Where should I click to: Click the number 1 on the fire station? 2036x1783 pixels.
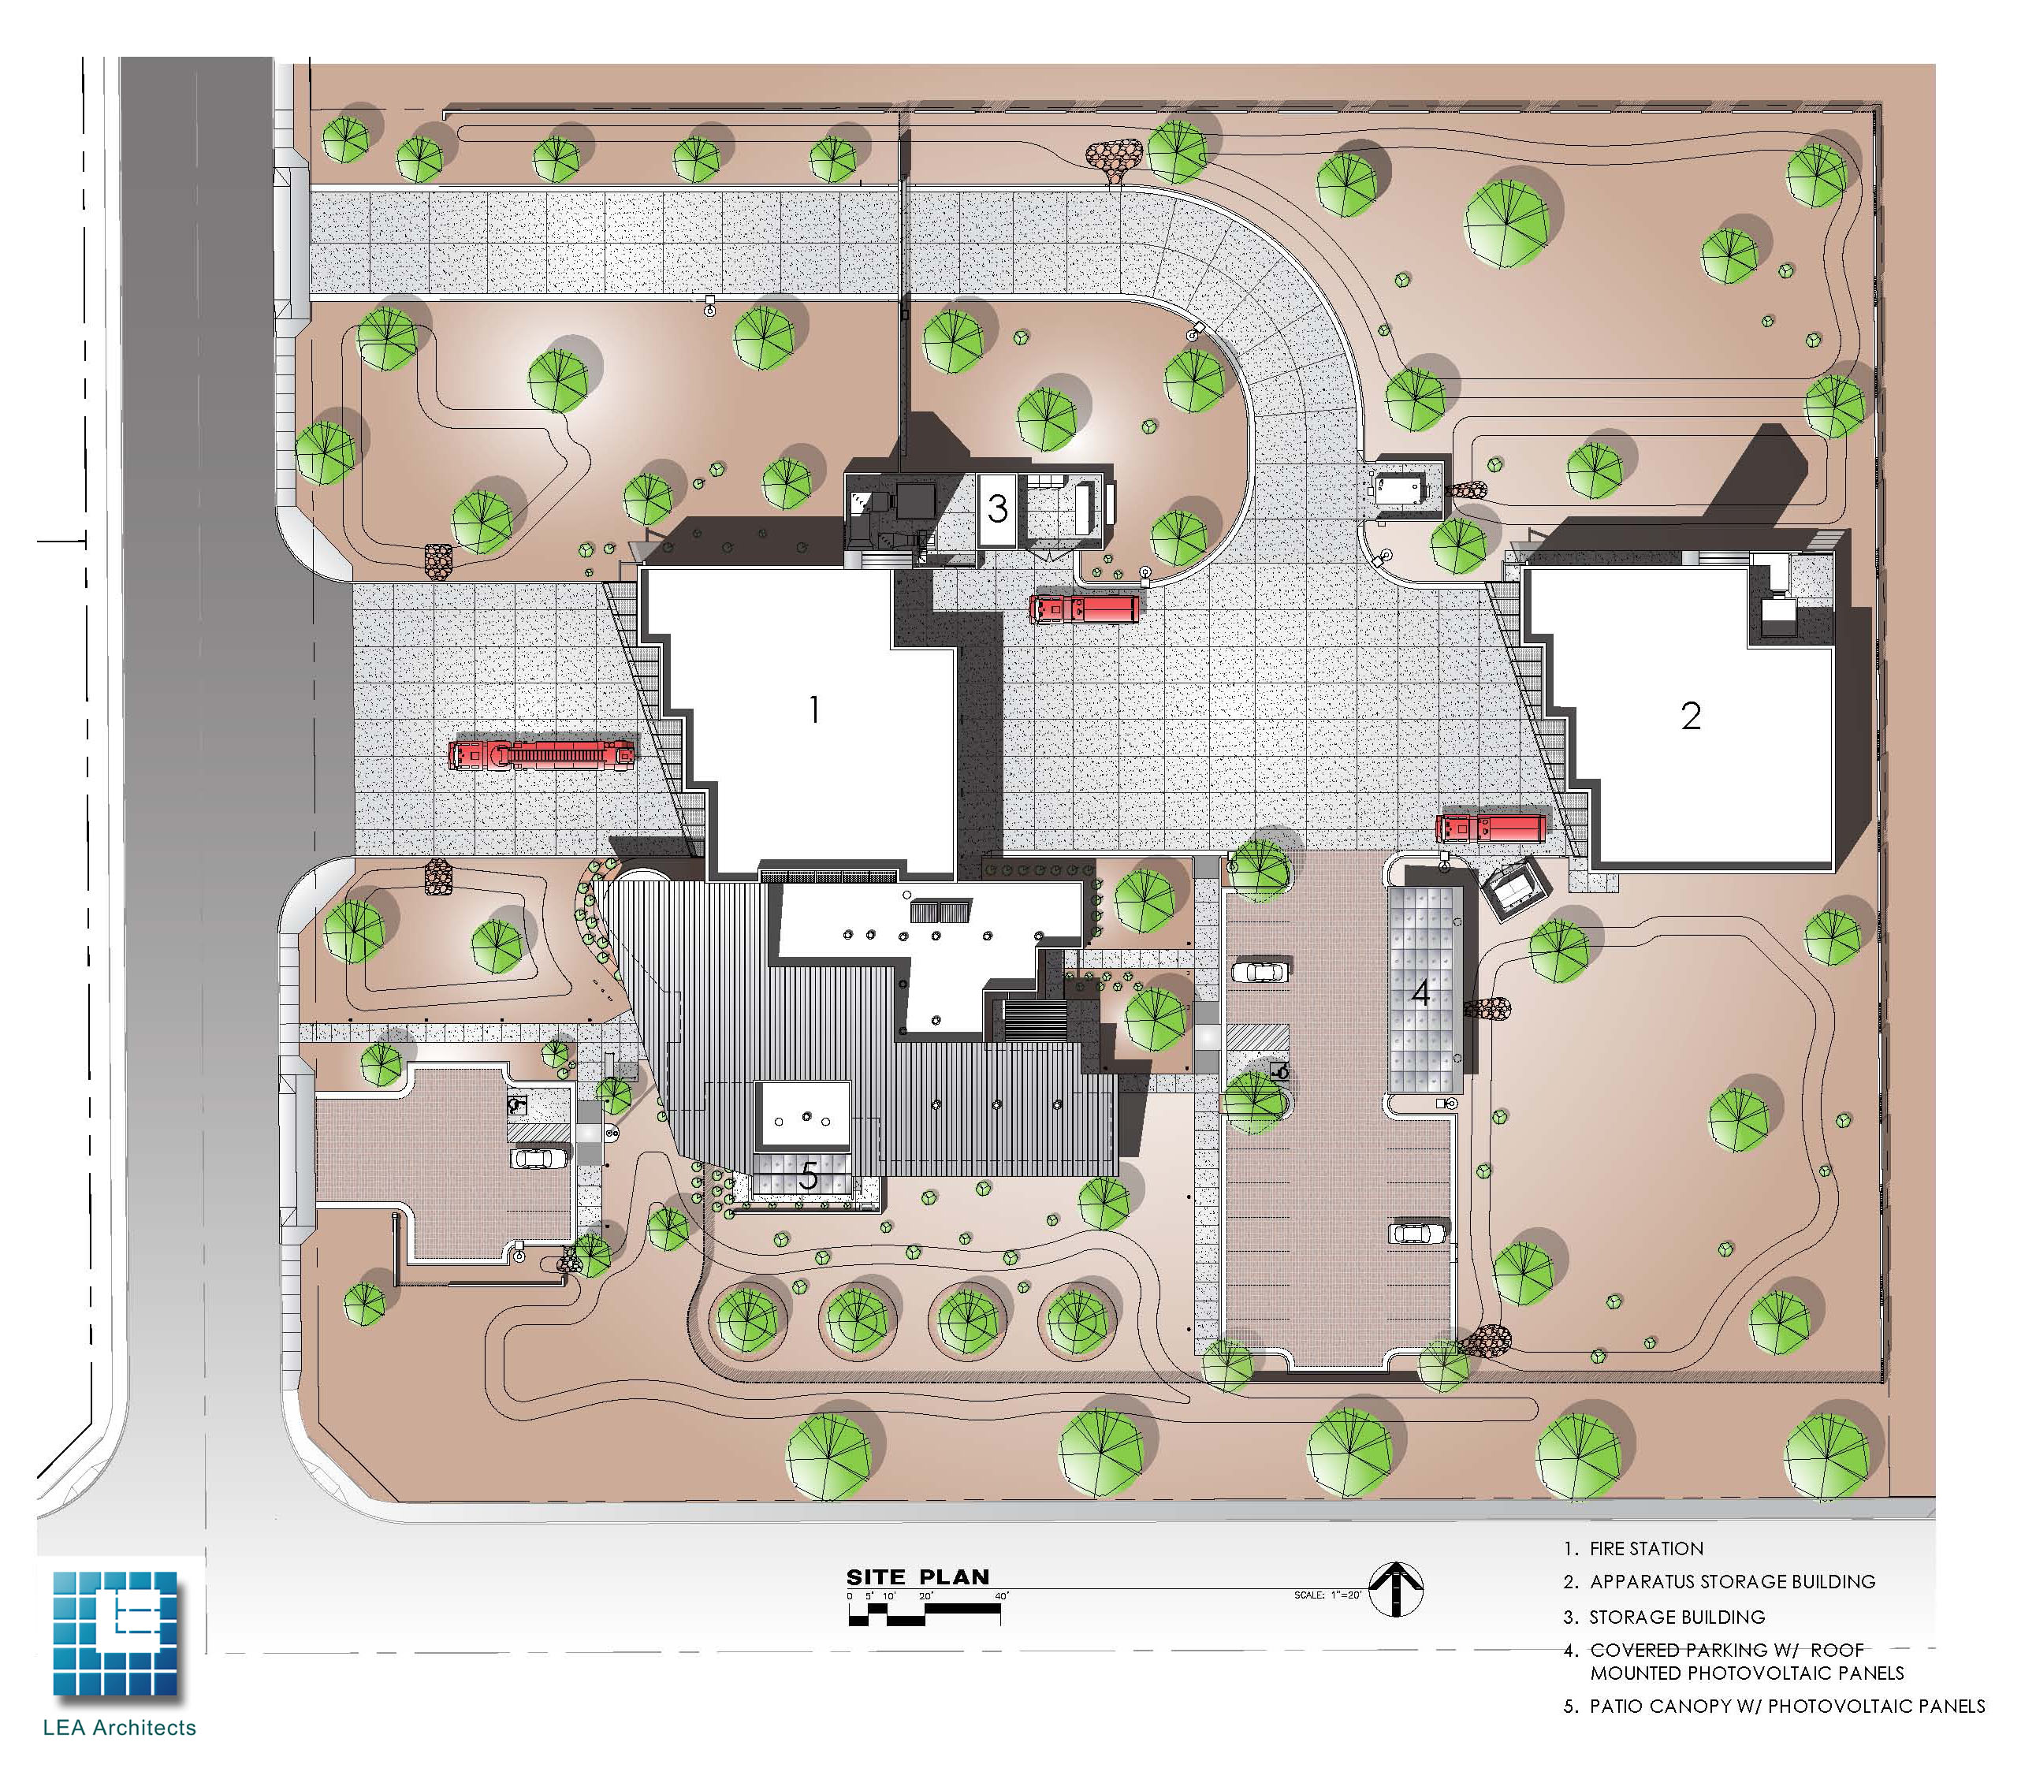click(814, 709)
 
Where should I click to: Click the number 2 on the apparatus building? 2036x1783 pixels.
click(1691, 716)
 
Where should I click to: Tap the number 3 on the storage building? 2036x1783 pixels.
click(997, 509)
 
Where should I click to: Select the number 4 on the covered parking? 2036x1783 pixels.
click(1421, 992)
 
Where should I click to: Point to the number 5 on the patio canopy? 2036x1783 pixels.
click(809, 1176)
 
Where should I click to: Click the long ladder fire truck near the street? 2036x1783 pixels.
click(542, 754)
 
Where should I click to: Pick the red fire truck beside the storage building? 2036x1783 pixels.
click(1084, 608)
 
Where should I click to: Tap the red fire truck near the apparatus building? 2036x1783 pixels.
click(1491, 828)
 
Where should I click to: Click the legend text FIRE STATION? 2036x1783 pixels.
click(1646, 1548)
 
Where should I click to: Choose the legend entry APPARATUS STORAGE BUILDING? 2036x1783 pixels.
click(1732, 1581)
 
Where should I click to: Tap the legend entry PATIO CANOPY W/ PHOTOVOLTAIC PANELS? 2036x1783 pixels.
click(1786, 1706)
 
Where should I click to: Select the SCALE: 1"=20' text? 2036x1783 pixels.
click(1327, 1595)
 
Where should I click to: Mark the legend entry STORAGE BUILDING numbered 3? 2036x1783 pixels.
click(1677, 1617)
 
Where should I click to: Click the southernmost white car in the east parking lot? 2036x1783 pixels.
click(1416, 1233)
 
